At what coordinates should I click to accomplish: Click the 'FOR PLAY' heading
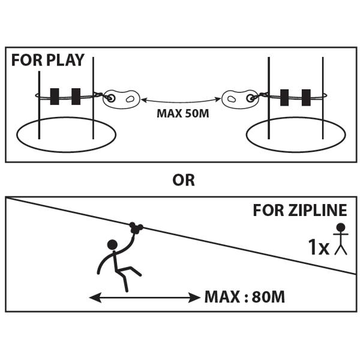coord(48,61)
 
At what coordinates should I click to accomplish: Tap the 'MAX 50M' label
coord(182,113)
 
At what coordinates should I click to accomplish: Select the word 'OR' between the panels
coord(183,179)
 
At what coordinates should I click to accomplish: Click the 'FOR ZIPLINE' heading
coord(300,211)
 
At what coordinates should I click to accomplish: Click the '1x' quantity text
coord(319,247)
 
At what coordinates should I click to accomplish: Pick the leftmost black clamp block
coord(55,95)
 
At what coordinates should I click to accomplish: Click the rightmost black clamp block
coord(307,95)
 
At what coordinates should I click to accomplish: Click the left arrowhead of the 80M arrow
coord(92,296)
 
